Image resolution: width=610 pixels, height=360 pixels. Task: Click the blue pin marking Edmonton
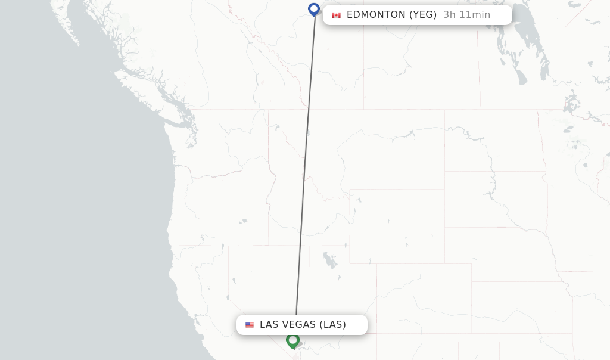(314, 9)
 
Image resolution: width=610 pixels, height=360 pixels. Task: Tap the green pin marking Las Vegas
(292, 340)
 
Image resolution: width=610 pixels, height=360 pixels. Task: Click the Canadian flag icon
(337, 15)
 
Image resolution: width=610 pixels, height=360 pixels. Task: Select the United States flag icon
(249, 325)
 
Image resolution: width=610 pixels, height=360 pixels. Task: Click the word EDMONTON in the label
(376, 15)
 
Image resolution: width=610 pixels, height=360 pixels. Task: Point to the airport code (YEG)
(423, 15)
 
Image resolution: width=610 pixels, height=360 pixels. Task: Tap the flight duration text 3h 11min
(466, 15)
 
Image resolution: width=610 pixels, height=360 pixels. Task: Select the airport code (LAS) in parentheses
(332, 325)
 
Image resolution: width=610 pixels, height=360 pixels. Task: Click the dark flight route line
(306, 167)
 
